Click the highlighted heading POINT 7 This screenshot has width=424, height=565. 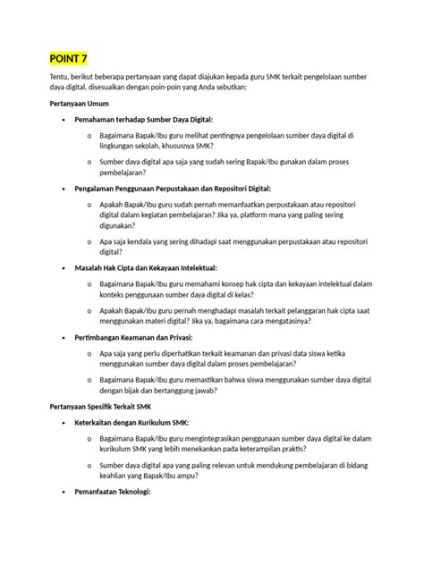tap(69, 59)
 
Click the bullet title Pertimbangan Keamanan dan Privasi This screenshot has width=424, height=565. tap(134, 337)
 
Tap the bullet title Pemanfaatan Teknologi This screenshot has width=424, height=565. tap(113, 492)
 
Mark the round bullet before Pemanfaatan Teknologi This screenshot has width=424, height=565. tap(61, 493)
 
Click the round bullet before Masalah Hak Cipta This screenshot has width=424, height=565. tap(61, 268)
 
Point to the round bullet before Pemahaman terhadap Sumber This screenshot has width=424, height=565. tap(61, 120)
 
